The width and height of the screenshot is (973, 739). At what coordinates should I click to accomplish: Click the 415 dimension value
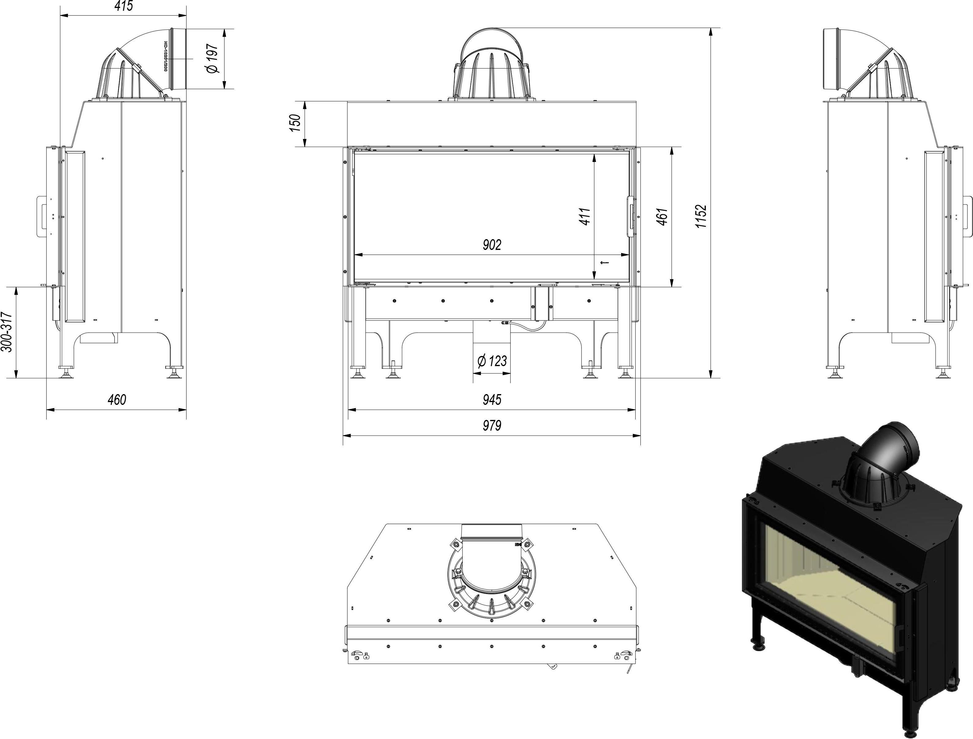click(123, 6)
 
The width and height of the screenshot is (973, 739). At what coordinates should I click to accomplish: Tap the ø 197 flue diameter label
click(212, 58)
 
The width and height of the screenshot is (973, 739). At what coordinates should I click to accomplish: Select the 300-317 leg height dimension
click(6, 332)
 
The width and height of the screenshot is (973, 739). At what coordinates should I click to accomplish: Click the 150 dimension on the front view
click(295, 123)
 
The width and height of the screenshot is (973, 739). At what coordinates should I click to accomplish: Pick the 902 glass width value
click(491, 245)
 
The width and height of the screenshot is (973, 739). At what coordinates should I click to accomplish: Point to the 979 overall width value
click(491, 425)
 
